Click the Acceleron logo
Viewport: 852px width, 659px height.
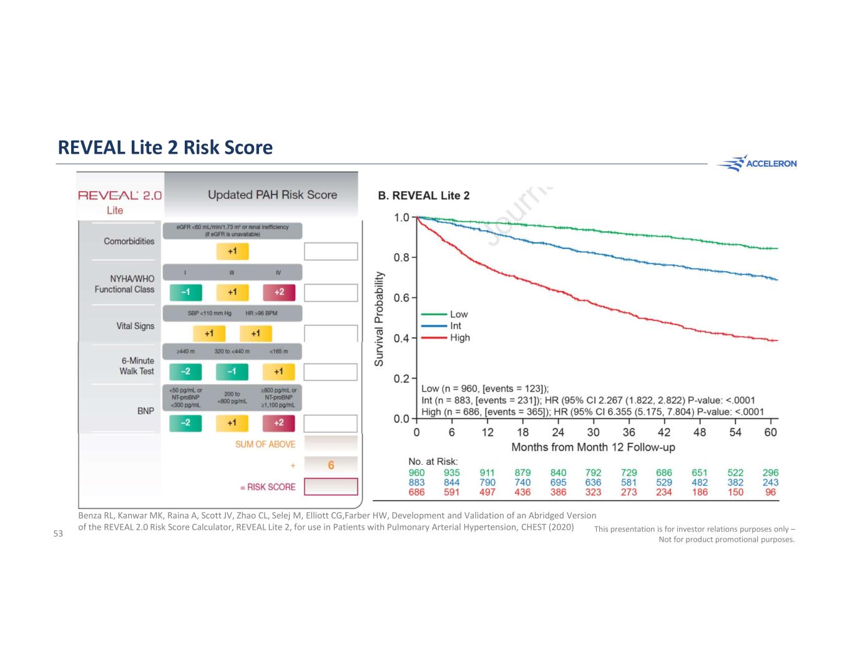pyautogui.click(x=757, y=164)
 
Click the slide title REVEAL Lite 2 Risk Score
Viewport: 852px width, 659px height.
pyautogui.click(x=165, y=147)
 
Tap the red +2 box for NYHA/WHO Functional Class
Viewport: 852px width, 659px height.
pyautogui.click(x=279, y=292)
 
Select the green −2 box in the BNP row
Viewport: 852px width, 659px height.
pyautogui.click(x=185, y=423)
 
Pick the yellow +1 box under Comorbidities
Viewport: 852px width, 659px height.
pyautogui.click(x=232, y=251)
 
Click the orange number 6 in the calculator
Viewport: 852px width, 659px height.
pyautogui.click(x=331, y=465)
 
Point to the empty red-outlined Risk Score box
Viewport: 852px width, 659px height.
pyautogui.click(x=331, y=487)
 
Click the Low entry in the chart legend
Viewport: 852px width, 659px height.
pyautogui.click(x=458, y=314)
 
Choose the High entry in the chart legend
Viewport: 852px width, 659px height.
pyautogui.click(x=459, y=337)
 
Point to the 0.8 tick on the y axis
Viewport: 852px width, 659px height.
pyautogui.click(x=401, y=257)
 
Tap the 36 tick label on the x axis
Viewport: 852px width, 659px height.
pyautogui.click(x=629, y=432)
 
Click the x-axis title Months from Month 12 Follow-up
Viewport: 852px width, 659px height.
pyautogui.click(x=593, y=447)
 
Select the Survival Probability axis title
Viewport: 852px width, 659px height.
pyautogui.click(x=379, y=319)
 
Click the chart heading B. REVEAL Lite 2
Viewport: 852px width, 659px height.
pyautogui.click(x=424, y=196)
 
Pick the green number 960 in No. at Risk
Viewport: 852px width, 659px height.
pyautogui.click(x=416, y=473)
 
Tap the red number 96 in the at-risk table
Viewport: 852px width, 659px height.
pyautogui.click(x=771, y=492)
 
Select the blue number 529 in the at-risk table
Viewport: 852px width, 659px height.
pyautogui.click(x=664, y=482)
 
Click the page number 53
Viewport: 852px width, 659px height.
pyautogui.click(x=58, y=533)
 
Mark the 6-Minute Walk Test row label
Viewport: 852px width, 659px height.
pyautogui.click(x=137, y=366)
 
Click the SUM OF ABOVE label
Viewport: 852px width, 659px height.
pyautogui.click(x=265, y=444)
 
